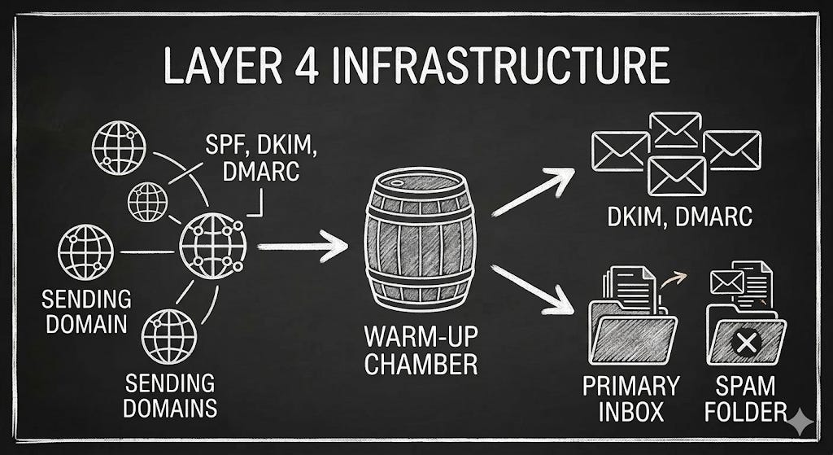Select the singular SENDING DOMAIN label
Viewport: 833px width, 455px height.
click(85, 312)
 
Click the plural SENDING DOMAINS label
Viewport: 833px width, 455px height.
click(171, 396)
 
